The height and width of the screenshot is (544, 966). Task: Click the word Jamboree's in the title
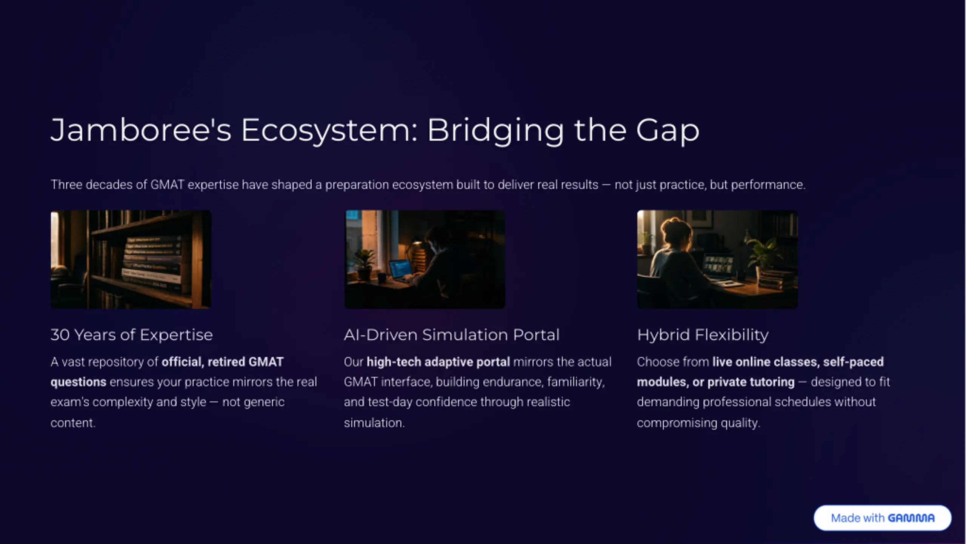(x=141, y=130)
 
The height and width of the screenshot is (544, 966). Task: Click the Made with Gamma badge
(x=882, y=518)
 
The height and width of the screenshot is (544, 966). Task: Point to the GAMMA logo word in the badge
(x=911, y=518)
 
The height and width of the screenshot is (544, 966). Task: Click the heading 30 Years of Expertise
(x=132, y=335)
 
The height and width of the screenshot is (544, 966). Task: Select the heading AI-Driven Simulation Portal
(x=452, y=335)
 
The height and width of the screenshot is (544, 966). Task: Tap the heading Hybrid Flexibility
(x=703, y=335)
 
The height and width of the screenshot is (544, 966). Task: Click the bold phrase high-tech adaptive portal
(x=438, y=362)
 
